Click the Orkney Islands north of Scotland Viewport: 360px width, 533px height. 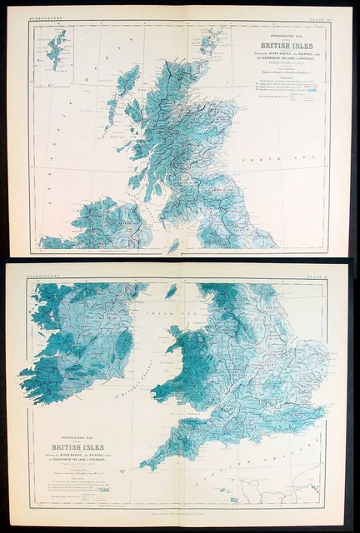[211, 39]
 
